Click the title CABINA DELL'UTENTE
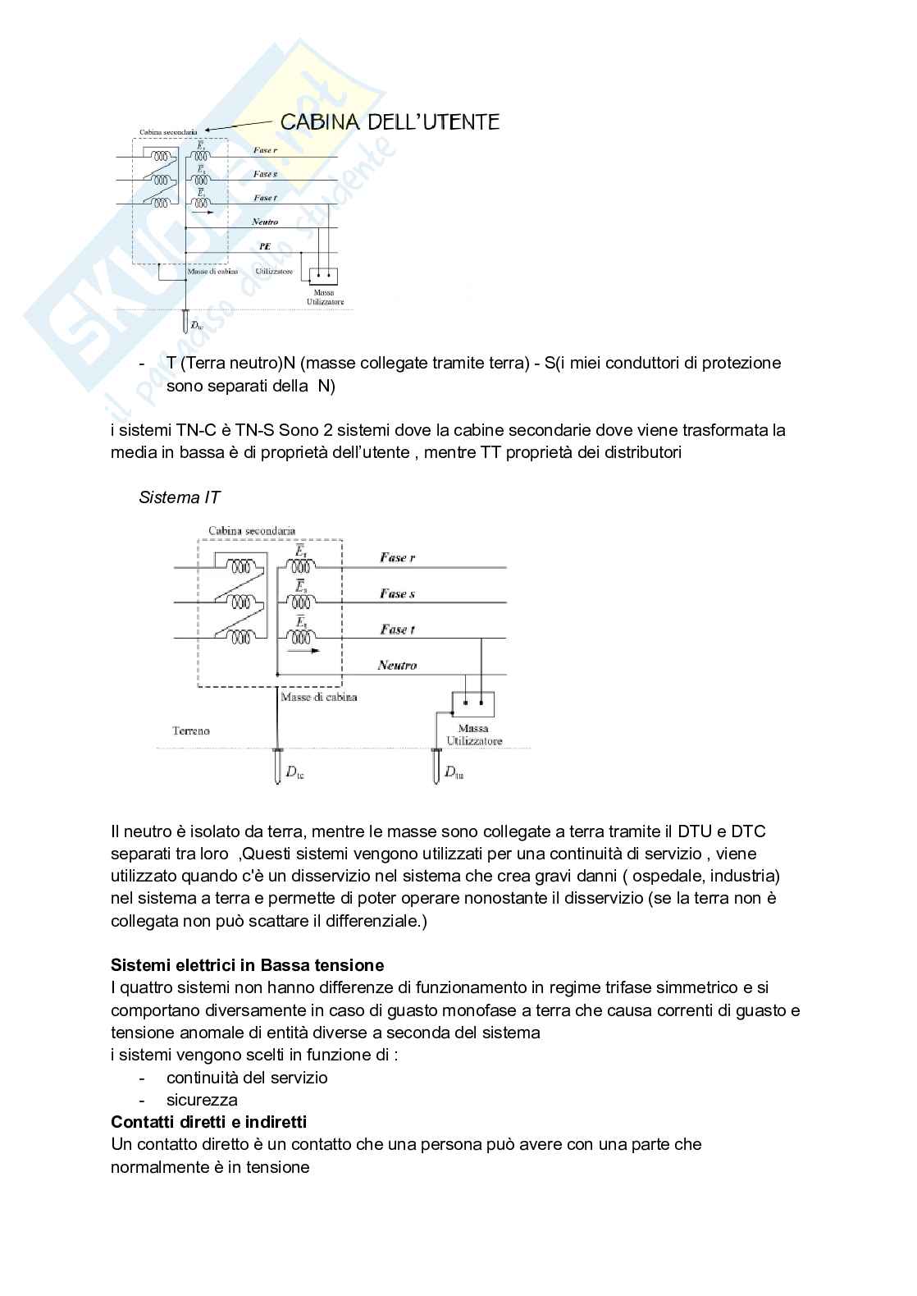pyautogui.click(x=390, y=122)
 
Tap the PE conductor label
pyautogui.click(x=265, y=245)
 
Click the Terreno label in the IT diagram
pyautogui.click(x=191, y=730)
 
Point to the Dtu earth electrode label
pyautogui.click(x=454, y=772)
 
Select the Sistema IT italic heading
pyautogui.click(x=180, y=497)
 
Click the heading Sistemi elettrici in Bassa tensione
pyautogui.click(x=247, y=964)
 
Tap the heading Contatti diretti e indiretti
pyautogui.click(x=208, y=1121)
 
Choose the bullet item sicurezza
pyautogui.click(x=202, y=1099)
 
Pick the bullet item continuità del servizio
pyautogui.click(x=247, y=1077)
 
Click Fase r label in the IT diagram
pyautogui.click(x=398, y=558)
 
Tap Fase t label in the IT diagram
pyautogui.click(x=398, y=630)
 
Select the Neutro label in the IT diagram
pyautogui.click(x=397, y=665)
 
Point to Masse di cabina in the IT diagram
pyautogui.click(x=318, y=697)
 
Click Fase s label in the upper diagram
pyautogui.click(x=265, y=174)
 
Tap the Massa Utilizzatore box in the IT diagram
pyautogui.click(x=473, y=703)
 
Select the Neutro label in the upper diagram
pyautogui.click(x=265, y=222)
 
